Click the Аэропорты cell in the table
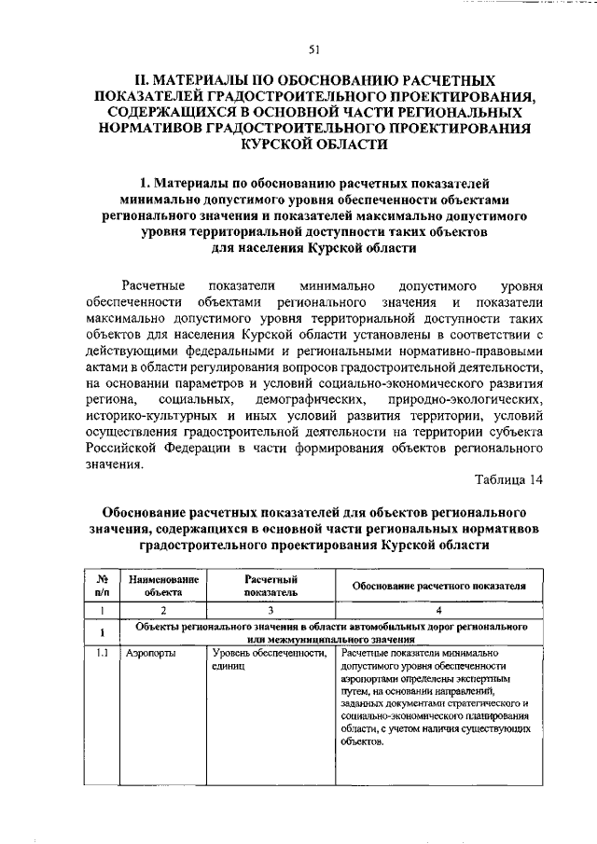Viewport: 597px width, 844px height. (147, 655)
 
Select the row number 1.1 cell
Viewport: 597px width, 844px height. (101, 655)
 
